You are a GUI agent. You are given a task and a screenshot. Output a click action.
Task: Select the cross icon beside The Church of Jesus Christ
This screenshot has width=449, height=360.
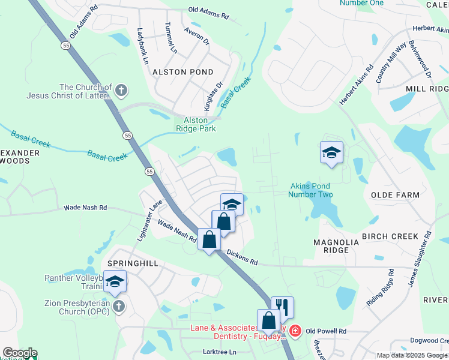121,91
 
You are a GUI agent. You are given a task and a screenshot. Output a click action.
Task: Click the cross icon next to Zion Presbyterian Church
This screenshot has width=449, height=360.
119,307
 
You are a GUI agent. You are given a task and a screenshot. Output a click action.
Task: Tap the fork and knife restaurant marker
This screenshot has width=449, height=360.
282,308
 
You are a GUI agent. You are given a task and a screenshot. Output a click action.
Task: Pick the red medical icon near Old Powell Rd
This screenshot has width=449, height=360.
295,331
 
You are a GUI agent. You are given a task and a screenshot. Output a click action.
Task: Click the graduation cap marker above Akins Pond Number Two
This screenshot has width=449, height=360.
331,152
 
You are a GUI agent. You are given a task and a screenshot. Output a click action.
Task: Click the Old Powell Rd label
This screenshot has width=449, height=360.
326,331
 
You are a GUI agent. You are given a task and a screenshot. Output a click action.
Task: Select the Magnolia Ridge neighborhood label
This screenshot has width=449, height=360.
336,247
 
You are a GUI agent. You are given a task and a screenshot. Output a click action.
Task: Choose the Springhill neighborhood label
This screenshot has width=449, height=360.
127,263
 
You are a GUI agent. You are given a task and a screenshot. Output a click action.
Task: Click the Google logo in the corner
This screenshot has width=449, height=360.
19,353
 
